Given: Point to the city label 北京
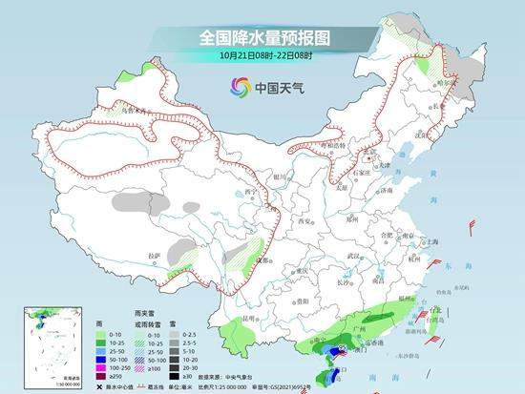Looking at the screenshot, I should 371,151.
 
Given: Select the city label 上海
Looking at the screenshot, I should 434,242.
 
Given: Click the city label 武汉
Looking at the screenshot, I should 355,256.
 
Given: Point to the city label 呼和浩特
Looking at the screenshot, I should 332,143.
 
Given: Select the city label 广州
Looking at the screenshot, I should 361,328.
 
